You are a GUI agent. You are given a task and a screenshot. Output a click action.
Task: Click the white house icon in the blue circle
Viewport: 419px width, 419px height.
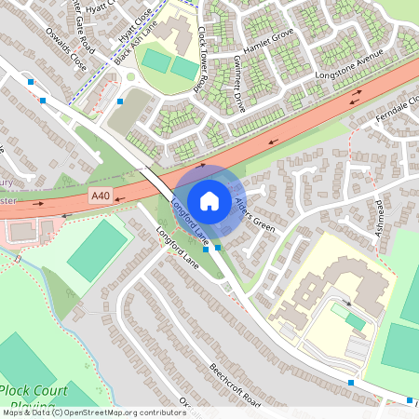tap(209, 200)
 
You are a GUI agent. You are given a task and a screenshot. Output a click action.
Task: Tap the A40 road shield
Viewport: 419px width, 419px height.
tap(101, 196)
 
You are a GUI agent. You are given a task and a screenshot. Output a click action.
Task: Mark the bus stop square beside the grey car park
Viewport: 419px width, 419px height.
tap(121, 101)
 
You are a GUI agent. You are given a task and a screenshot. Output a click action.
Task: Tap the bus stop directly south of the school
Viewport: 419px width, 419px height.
tap(351, 382)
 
